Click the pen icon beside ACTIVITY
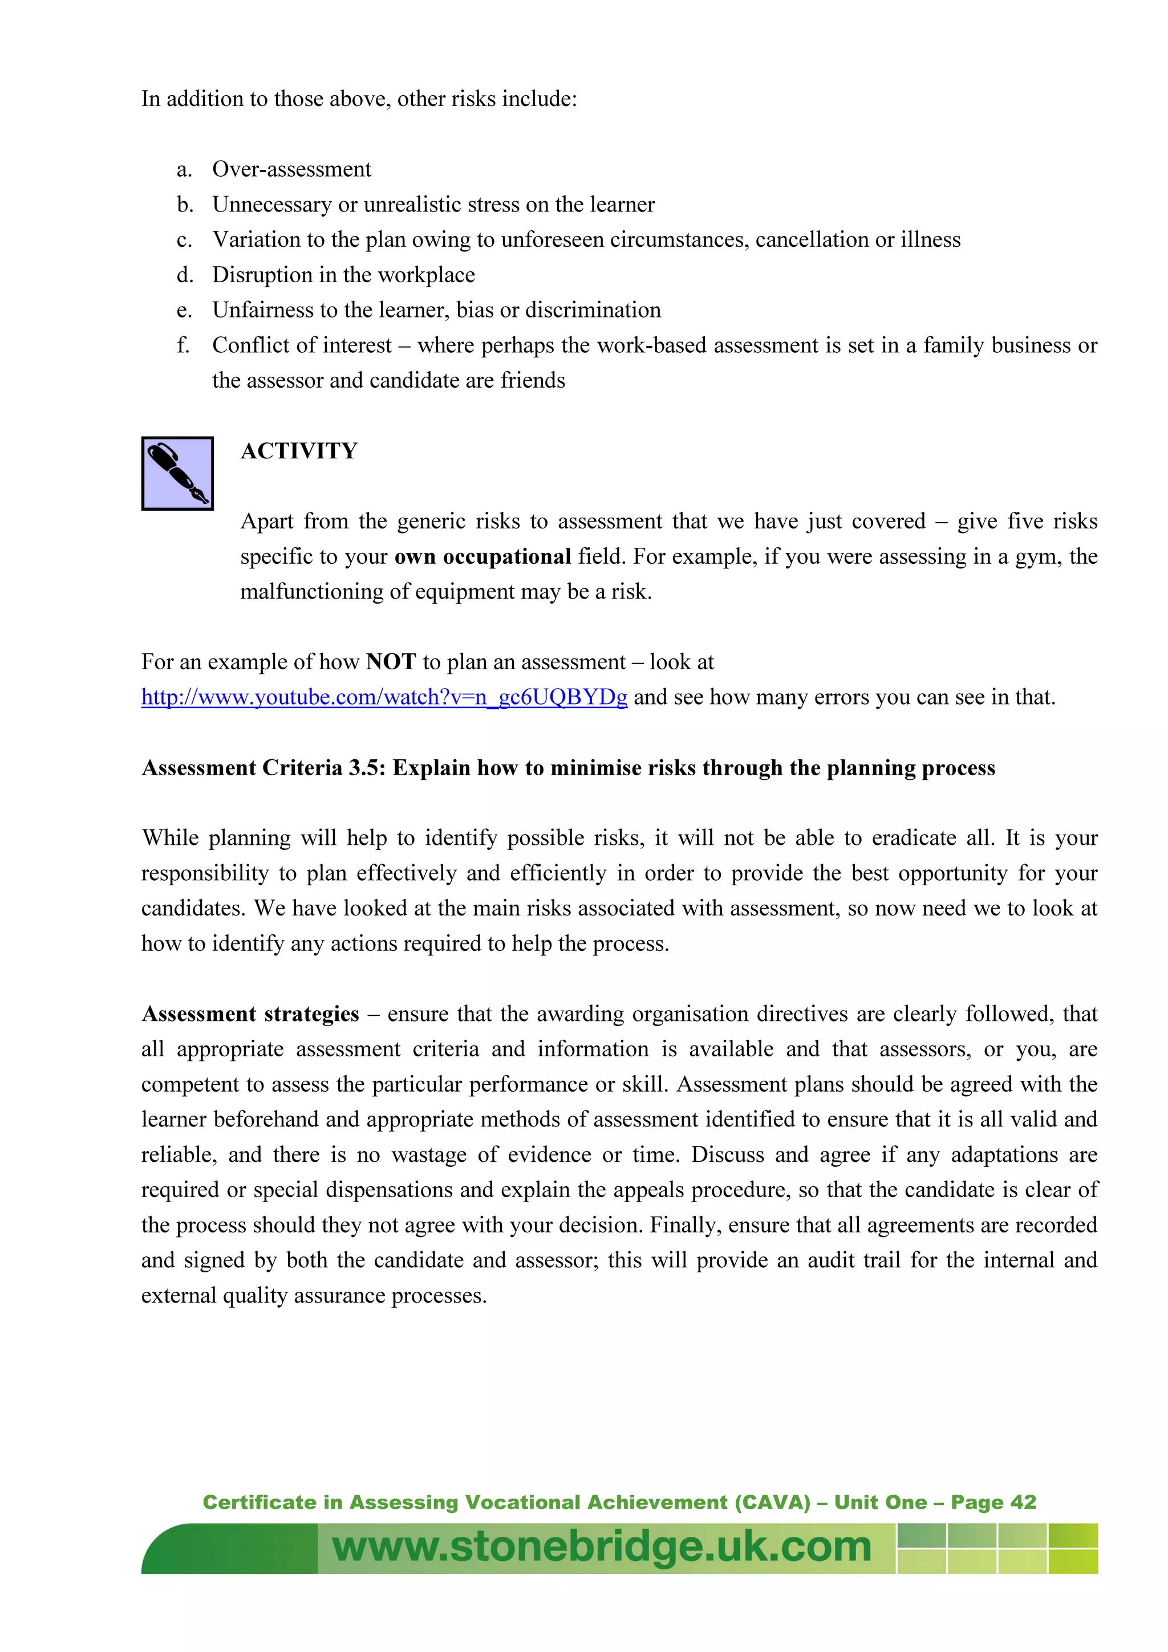tap(177, 473)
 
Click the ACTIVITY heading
tap(299, 451)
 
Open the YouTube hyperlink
tap(384, 697)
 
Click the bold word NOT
tap(391, 662)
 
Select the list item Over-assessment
tap(291, 169)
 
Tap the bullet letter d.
tap(184, 275)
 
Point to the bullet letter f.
tap(183, 345)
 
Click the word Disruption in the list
tap(261, 275)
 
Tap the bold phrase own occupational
tap(482, 557)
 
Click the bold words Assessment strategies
tap(250, 1014)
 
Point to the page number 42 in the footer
tap(1023, 1502)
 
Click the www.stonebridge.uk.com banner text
tap(602, 1547)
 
